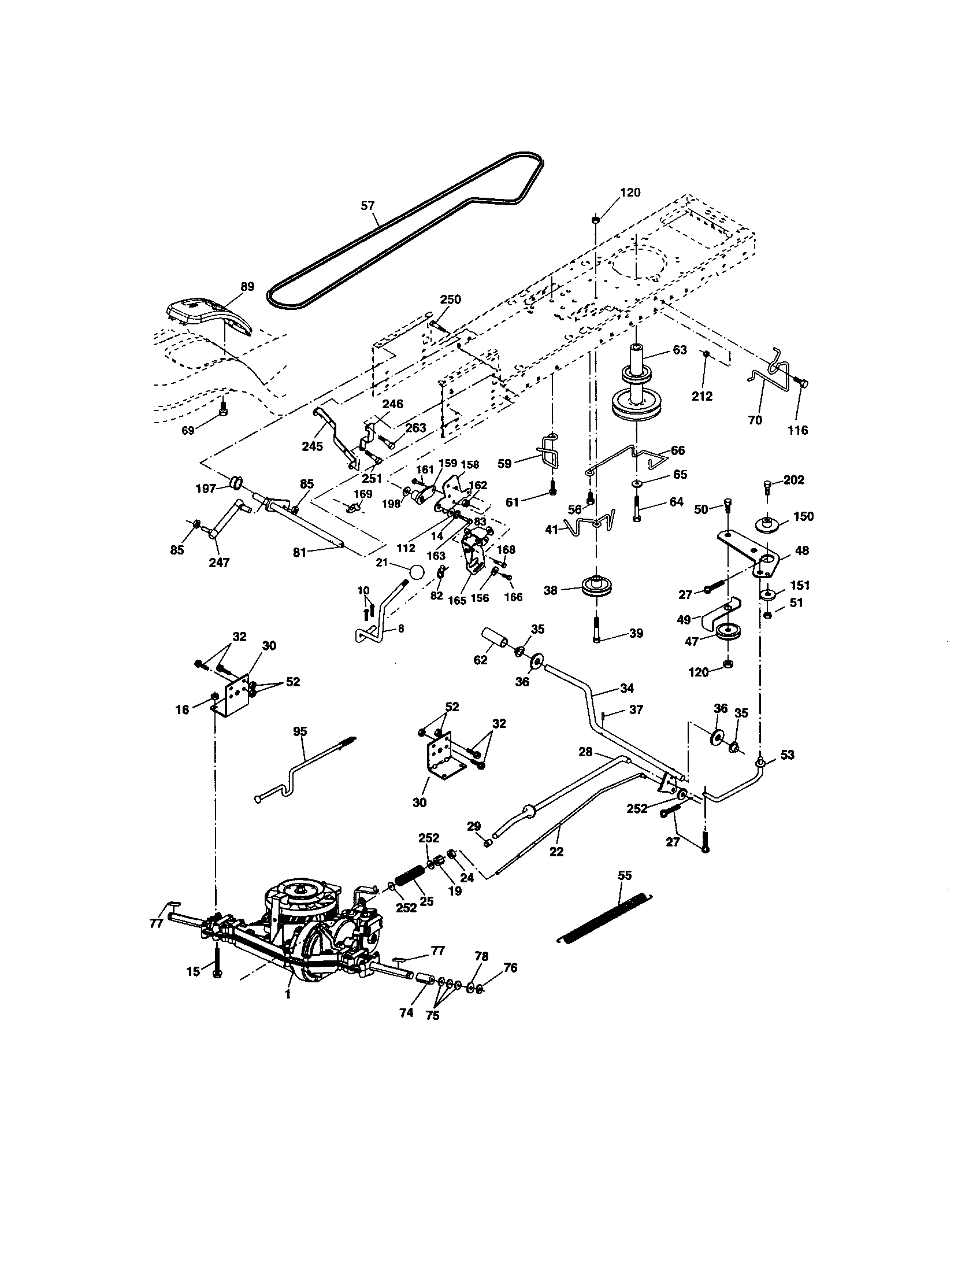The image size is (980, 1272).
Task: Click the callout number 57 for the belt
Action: (x=368, y=205)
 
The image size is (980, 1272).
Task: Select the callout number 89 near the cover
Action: (x=247, y=287)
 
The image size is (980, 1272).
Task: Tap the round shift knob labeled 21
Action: (x=416, y=571)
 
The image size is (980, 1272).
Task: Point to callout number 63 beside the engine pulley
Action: (x=680, y=350)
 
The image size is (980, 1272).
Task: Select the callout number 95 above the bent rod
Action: (x=300, y=731)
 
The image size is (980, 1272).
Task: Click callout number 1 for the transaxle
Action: (x=288, y=995)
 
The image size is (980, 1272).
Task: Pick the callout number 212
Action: (x=702, y=396)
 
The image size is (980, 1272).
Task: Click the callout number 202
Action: (x=794, y=480)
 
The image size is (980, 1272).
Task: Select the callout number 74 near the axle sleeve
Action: (x=406, y=1013)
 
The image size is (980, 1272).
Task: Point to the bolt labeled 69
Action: (x=223, y=409)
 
